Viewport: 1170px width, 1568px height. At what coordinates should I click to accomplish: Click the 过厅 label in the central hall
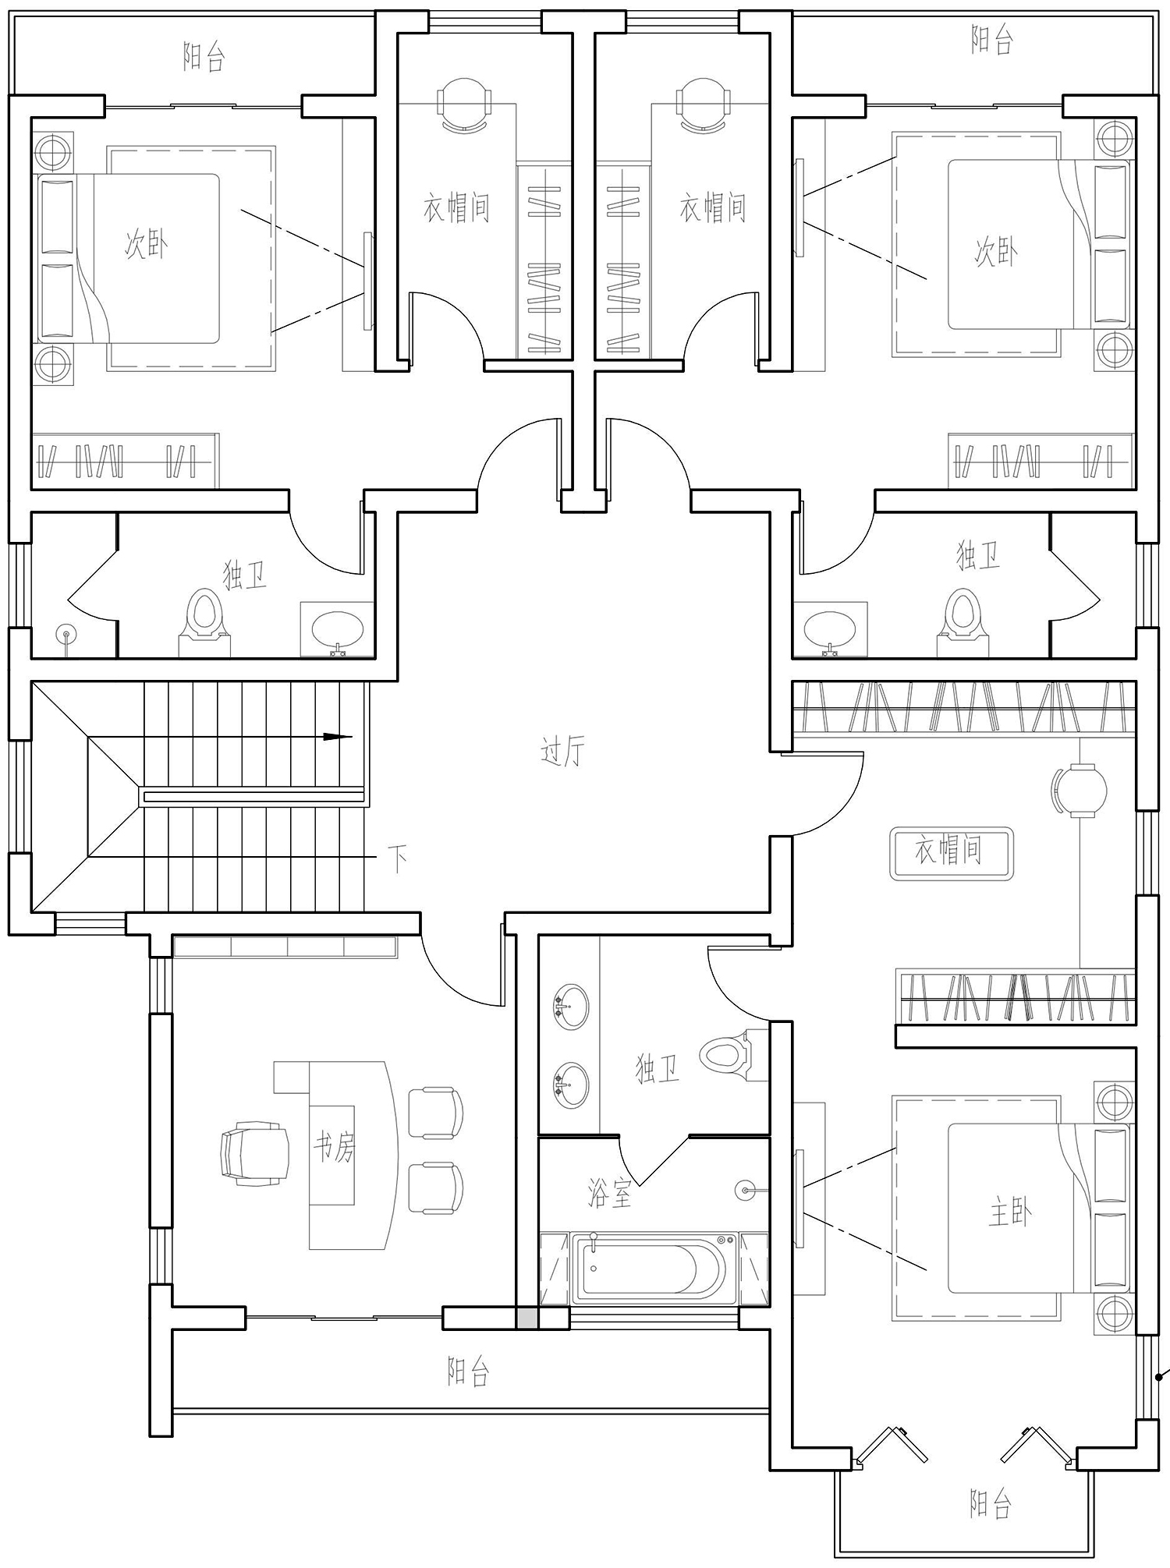562,752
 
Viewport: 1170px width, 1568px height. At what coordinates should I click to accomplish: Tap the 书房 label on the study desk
334,1148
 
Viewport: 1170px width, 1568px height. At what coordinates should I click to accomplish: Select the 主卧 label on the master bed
1010,1212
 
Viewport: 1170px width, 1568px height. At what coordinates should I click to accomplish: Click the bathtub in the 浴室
654,1269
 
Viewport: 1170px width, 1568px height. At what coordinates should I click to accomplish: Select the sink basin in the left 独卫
337,628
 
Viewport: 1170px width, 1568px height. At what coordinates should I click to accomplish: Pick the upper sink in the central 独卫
571,1007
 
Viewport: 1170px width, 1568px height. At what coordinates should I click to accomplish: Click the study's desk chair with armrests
255,1153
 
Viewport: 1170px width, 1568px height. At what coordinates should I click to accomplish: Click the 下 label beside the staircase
398,860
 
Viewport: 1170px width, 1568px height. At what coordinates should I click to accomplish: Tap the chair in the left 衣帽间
465,105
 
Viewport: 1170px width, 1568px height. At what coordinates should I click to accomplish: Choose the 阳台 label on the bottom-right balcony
991,1503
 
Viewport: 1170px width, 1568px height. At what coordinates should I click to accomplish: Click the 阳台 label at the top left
204,57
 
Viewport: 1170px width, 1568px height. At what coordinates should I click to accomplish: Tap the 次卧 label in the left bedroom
147,245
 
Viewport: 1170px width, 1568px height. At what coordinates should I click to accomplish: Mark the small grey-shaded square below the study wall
527,1318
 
